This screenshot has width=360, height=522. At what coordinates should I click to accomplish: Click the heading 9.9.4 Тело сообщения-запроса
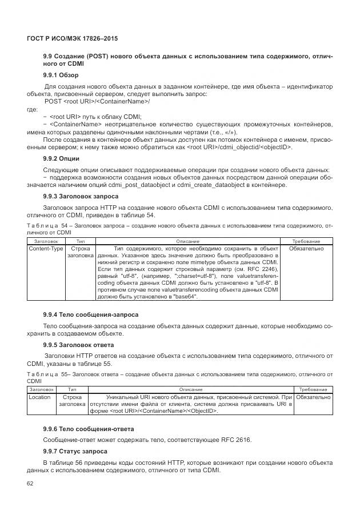[x=90, y=314]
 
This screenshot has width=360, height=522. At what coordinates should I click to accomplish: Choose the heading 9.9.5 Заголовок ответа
[x=79, y=345]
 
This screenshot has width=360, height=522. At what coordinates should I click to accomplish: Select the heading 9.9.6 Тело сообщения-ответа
[x=89, y=428]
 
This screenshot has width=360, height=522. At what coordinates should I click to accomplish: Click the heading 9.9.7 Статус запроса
[x=76, y=451]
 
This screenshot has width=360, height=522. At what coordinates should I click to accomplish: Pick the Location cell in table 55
[x=39, y=397]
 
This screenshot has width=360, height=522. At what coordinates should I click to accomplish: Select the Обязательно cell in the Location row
[x=313, y=397]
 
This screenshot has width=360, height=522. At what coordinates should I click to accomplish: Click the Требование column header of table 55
[x=313, y=389]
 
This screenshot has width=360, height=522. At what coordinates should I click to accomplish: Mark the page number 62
[x=31, y=484]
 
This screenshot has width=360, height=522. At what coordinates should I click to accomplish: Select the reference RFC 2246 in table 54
[x=262, y=268]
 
